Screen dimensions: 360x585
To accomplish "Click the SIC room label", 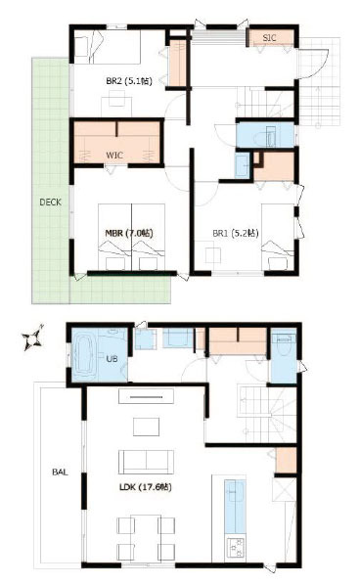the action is [x=269, y=38].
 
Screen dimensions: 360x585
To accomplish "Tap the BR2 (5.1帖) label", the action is [x=129, y=81].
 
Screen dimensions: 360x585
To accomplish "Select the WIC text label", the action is [x=114, y=156].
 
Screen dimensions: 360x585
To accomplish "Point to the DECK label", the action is [x=50, y=202].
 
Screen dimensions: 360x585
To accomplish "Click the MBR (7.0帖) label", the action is [x=129, y=233].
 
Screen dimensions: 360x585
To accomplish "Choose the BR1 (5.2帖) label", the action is [x=236, y=233].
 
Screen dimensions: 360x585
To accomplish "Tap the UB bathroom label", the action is [x=112, y=359].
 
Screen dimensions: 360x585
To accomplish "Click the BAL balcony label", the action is [x=60, y=472].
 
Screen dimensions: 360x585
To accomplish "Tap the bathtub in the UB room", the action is [x=85, y=354].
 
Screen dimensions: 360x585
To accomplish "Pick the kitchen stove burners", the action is [x=235, y=546].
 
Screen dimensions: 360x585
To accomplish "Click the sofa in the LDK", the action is [x=146, y=462].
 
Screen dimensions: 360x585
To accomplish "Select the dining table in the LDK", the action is [x=146, y=537].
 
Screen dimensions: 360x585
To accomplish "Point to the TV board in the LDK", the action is [x=146, y=396].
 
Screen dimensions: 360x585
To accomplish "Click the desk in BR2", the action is [x=116, y=107].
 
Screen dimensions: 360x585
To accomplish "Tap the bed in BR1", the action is [x=278, y=237].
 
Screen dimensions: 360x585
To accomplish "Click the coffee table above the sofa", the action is [x=146, y=427].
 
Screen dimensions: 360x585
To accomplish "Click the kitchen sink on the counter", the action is [x=235, y=491].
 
